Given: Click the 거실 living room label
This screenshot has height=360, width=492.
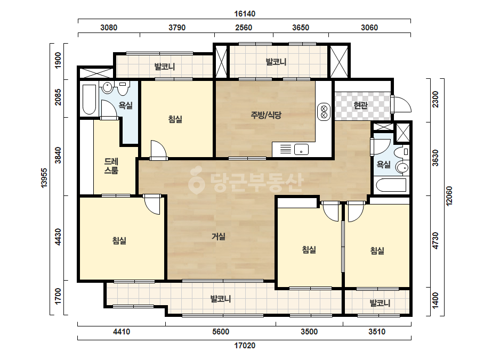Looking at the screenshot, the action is [x=219, y=236].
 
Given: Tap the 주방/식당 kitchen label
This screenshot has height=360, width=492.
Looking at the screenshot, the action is [x=266, y=115].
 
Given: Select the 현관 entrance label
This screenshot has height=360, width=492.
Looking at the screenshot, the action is [x=360, y=105].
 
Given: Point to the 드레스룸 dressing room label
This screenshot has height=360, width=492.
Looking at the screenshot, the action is [x=111, y=166].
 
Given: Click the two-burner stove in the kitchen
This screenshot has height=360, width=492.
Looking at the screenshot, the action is [x=324, y=112].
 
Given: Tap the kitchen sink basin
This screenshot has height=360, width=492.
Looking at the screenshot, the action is [x=301, y=150].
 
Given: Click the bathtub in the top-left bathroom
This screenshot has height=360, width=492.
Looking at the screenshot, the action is [x=89, y=100].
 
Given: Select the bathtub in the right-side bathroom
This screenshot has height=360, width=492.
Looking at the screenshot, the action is [x=391, y=185].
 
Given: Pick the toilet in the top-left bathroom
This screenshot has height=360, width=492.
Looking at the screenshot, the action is [x=123, y=88].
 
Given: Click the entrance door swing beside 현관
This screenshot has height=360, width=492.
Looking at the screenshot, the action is [x=402, y=104].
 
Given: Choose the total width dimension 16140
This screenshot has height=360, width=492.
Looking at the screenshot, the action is [x=245, y=14].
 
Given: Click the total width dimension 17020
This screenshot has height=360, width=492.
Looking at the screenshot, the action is [x=245, y=346].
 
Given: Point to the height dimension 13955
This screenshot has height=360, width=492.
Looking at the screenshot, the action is [x=44, y=178].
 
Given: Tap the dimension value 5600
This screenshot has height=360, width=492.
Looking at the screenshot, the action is [x=221, y=332].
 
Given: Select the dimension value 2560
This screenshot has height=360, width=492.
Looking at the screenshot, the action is [x=244, y=28].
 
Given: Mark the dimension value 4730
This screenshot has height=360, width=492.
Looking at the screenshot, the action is [x=435, y=241].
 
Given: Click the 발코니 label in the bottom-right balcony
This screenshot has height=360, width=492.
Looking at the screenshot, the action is [x=380, y=303].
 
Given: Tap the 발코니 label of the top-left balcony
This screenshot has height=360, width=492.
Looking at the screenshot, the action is [x=164, y=67].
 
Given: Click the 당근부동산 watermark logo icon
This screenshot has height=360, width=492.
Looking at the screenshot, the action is [x=196, y=181].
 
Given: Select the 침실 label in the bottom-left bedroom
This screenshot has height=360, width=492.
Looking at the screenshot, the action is [x=119, y=241].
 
